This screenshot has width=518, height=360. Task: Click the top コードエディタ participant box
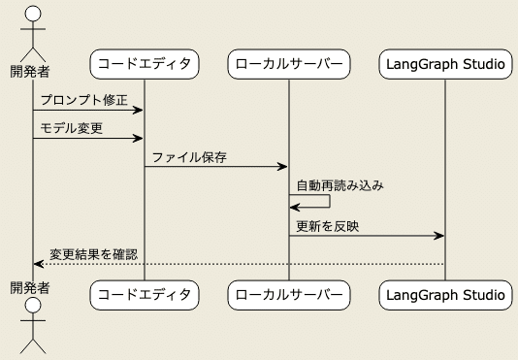(x=145, y=65)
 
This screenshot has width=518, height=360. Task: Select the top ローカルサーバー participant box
(x=288, y=65)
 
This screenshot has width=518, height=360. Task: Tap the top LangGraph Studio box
(x=444, y=65)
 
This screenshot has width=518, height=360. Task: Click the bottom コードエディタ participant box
(x=145, y=294)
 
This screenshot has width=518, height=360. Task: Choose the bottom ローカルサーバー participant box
(x=288, y=294)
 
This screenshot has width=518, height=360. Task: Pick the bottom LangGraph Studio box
(x=444, y=294)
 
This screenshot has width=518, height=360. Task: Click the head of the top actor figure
(x=33, y=14)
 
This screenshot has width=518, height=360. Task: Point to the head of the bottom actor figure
(x=33, y=308)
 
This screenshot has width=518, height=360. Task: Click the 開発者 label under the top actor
(x=30, y=71)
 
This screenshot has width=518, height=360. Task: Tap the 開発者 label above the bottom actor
(x=30, y=287)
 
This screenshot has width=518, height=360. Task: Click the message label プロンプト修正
(x=83, y=100)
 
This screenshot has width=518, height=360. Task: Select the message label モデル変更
(x=72, y=128)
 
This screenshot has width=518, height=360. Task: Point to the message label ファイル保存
(x=189, y=156)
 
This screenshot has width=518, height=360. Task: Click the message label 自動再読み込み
(x=339, y=184)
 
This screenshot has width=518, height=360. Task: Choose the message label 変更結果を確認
(x=93, y=254)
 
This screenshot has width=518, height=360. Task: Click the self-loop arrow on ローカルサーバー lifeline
(x=328, y=201)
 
